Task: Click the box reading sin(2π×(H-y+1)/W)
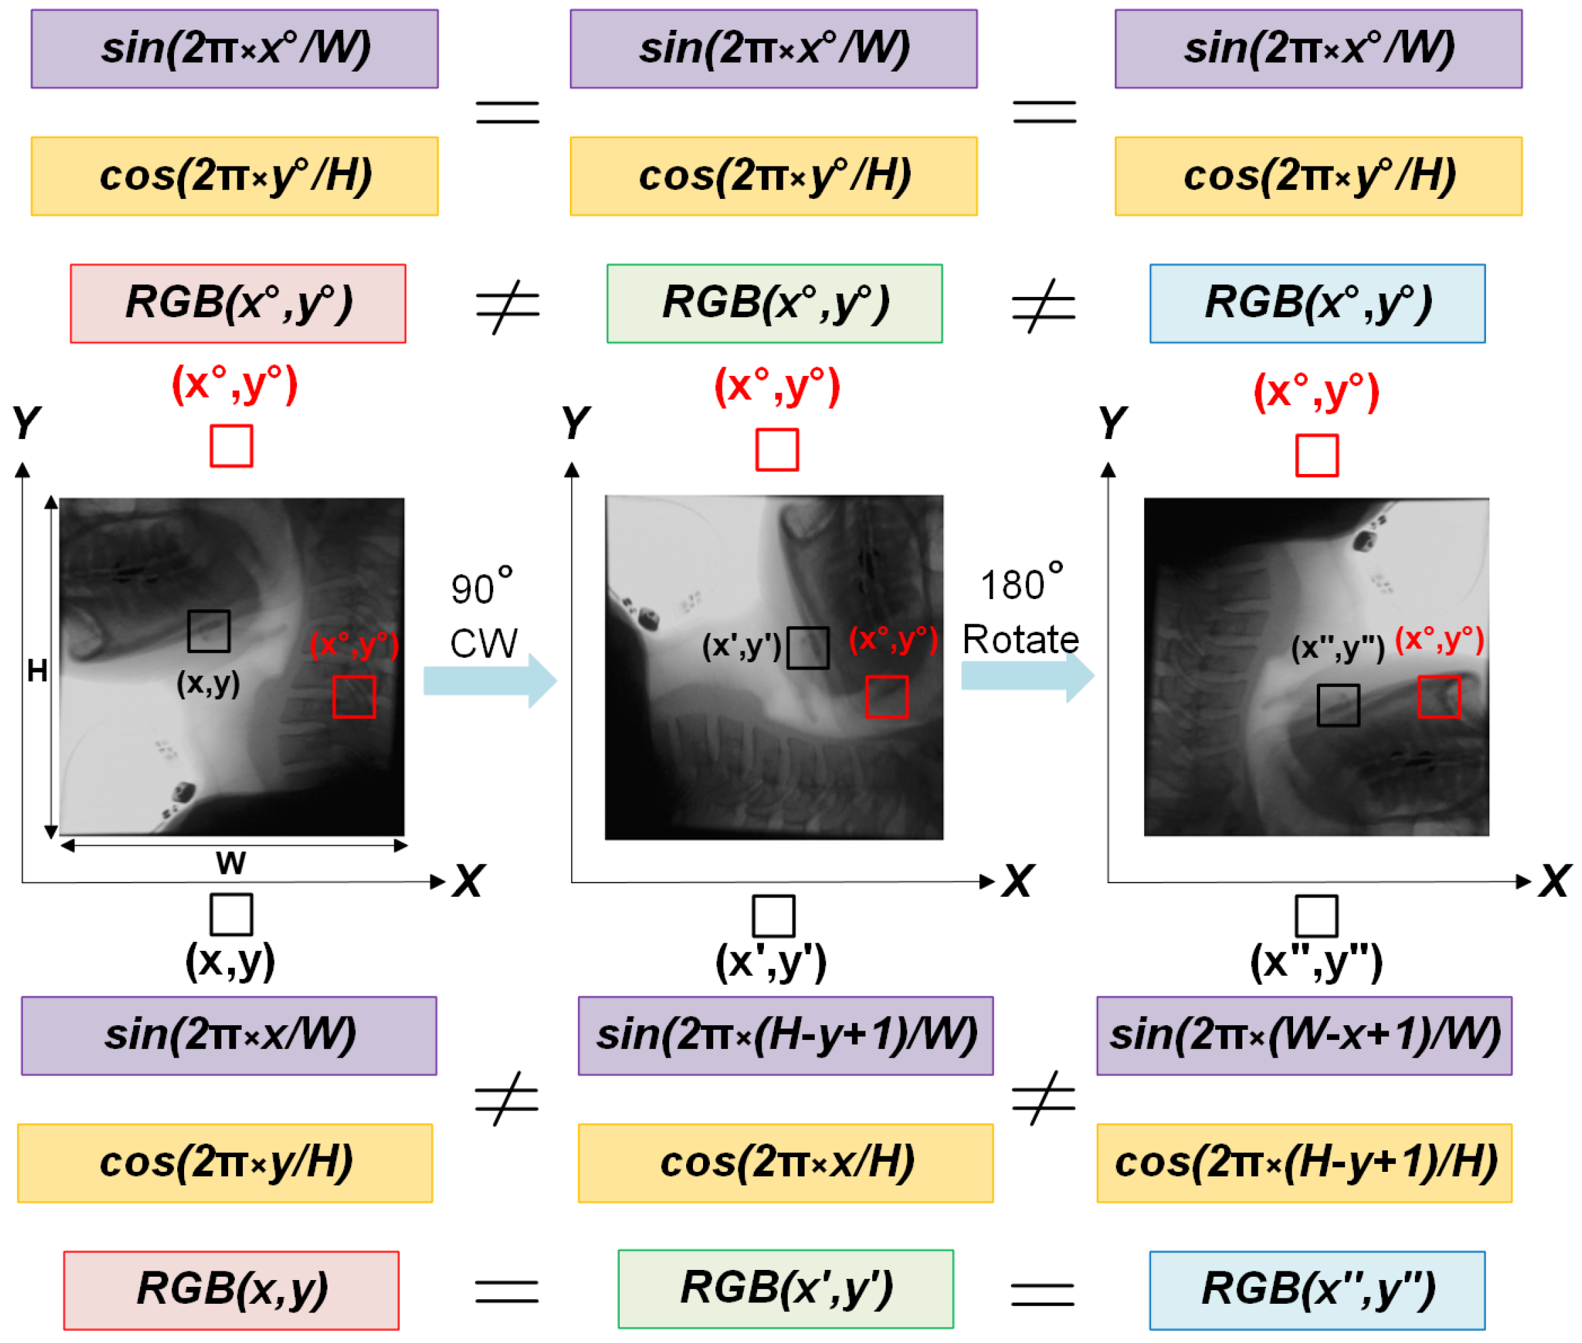tap(786, 1035)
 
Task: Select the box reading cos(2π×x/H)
tap(786, 1162)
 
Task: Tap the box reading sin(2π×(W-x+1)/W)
tap(1304, 1035)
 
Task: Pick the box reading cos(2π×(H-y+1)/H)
tap(1304, 1162)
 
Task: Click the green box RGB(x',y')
tap(786, 1289)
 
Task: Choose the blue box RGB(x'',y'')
tap(1317, 1290)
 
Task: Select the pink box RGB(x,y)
tap(231, 1290)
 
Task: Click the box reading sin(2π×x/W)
tap(229, 1035)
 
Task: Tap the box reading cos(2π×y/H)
tap(225, 1162)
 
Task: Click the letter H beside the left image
tap(37, 671)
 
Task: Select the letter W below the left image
tap(230, 864)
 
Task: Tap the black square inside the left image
tap(208, 631)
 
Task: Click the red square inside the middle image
tap(886, 697)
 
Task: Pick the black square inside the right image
tap(1338, 705)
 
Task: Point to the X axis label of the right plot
tap(1554, 882)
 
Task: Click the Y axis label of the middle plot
tap(576, 423)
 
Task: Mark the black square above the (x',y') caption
tap(773, 916)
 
